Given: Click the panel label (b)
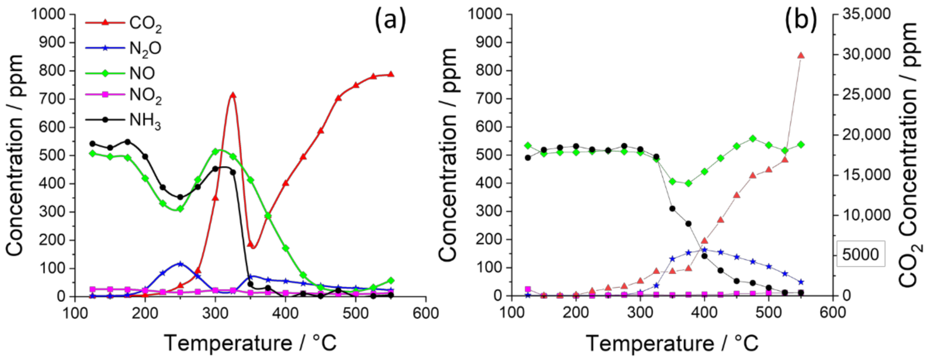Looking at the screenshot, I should point(801,20).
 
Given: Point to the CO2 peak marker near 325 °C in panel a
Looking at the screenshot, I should point(233,95).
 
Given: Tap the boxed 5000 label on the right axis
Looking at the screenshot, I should point(860,254).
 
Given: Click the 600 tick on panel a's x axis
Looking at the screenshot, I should point(426,313).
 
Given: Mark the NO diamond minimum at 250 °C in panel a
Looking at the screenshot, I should point(180,208).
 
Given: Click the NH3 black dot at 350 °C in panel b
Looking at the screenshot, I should point(672,208).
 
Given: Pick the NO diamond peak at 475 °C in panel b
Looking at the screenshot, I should point(753,138).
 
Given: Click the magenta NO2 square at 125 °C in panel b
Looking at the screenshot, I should point(528,289).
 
